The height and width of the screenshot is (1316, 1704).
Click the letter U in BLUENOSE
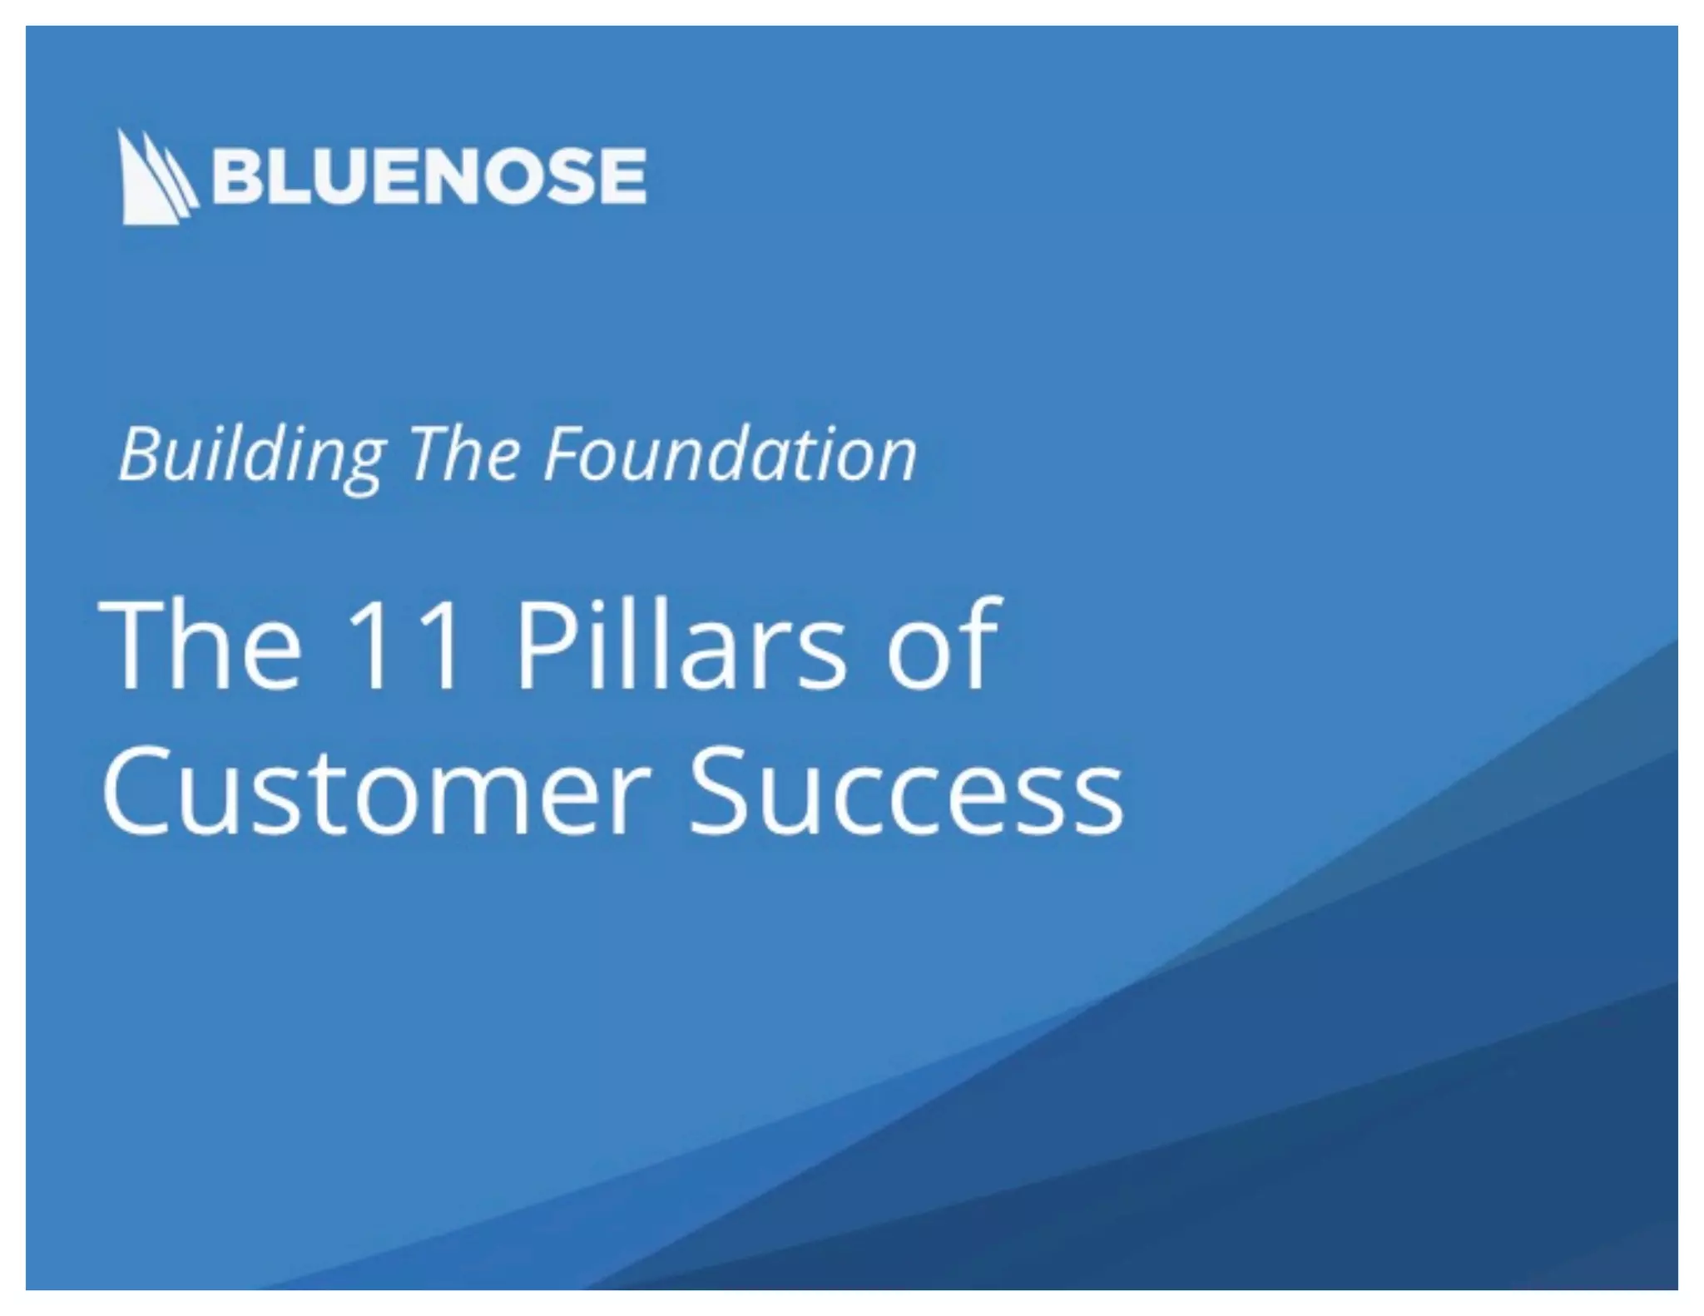[x=337, y=176]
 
